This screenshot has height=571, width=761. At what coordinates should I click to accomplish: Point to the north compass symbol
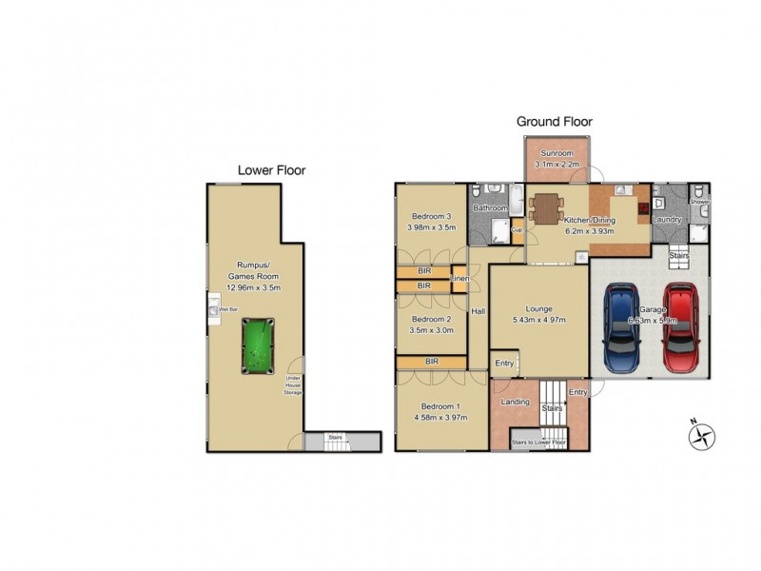(x=700, y=435)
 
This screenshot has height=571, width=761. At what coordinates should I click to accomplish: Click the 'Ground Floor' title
(x=554, y=122)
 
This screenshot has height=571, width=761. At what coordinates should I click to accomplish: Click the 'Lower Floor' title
(x=271, y=171)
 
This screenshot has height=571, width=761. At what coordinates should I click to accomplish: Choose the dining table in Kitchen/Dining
(x=547, y=207)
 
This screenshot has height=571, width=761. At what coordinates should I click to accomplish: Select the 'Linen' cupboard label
(x=459, y=278)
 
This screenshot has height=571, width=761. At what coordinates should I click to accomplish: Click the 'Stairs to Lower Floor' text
(x=539, y=443)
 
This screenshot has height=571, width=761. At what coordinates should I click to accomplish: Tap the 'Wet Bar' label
(x=227, y=310)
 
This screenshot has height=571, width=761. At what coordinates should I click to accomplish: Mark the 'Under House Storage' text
(x=293, y=385)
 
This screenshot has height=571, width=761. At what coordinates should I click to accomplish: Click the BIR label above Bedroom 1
(x=431, y=362)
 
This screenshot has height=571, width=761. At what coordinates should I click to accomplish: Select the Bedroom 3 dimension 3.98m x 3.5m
(x=431, y=228)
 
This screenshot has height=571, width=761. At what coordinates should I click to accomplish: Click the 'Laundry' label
(x=666, y=220)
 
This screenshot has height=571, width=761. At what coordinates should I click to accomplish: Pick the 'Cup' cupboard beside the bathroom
(x=517, y=229)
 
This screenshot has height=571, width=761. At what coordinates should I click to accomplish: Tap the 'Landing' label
(x=515, y=402)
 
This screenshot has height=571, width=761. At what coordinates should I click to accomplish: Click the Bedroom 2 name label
(x=430, y=320)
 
